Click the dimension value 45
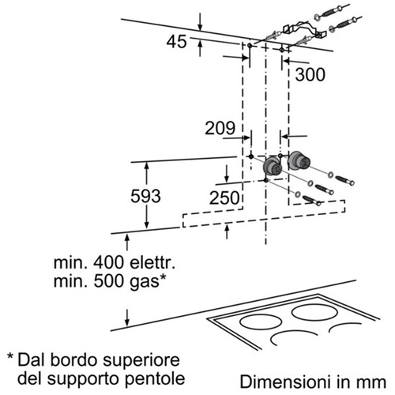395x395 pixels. (x=176, y=42)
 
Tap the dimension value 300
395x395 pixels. (x=310, y=74)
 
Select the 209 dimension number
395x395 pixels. (x=220, y=128)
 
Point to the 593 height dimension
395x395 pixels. (x=145, y=196)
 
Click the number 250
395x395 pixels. (x=224, y=197)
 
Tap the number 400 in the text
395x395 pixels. (x=108, y=262)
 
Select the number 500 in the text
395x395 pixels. (x=109, y=281)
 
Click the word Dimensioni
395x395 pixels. (x=285, y=382)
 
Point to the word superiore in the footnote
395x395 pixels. (x=141, y=360)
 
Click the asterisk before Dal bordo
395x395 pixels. (x=10, y=357)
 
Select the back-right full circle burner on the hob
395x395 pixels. (x=314, y=313)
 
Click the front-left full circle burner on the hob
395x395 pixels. (x=261, y=322)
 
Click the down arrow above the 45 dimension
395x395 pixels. (x=200, y=21)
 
